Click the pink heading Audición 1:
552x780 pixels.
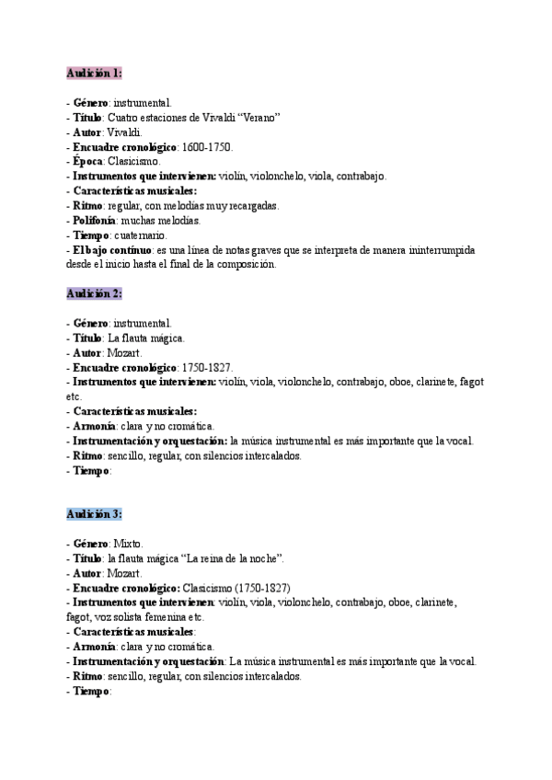point(94,73)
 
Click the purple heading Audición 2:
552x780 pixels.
point(94,293)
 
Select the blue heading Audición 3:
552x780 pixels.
point(94,514)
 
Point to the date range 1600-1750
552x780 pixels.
point(207,146)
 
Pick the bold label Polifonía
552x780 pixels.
point(97,221)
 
